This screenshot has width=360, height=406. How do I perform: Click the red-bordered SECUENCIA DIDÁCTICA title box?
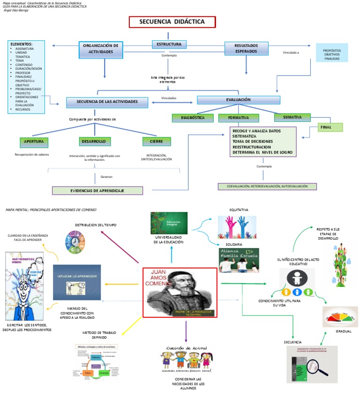click(x=172, y=22)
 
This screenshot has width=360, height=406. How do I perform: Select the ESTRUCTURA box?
click(x=169, y=45)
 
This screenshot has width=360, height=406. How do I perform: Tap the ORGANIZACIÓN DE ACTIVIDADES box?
click(x=101, y=49)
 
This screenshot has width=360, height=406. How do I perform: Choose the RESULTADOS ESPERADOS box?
click(x=246, y=48)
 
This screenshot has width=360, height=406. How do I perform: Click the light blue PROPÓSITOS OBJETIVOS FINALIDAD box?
click(x=332, y=53)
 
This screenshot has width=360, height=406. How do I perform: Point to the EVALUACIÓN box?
click(x=238, y=100)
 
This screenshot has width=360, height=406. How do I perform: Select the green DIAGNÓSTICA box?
click(x=195, y=117)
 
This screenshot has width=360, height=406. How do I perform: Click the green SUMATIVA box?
click(x=292, y=117)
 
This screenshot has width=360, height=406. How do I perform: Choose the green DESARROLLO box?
click(x=95, y=141)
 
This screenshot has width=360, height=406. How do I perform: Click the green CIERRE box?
click(x=157, y=141)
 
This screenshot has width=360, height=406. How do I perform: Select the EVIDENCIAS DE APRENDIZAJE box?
click(x=97, y=190)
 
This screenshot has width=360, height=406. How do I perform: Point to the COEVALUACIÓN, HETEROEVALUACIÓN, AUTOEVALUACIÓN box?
click(x=267, y=186)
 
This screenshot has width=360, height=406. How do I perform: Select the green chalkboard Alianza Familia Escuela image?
click(x=239, y=260)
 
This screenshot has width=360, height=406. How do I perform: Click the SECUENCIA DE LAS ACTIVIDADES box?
click(x=108, y=102)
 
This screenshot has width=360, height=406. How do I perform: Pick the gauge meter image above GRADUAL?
click(x=340, y=316)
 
